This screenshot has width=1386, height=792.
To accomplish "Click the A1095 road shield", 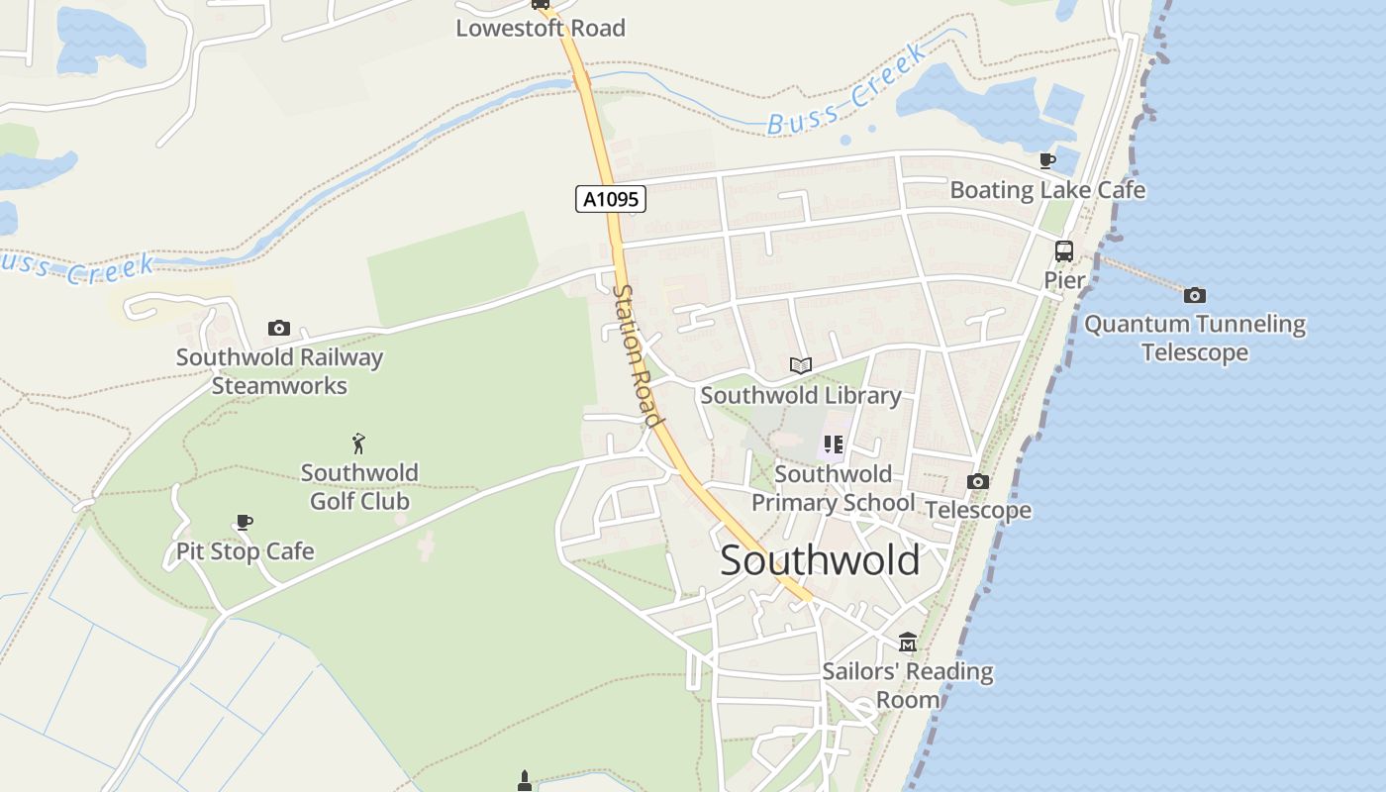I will (x=610, y=199).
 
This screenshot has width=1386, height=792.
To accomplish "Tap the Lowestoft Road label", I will (x=541, y=29).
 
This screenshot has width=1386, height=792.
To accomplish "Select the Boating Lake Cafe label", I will (x=1047, y=190).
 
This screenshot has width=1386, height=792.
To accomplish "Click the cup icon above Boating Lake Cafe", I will (x=1047, y=160).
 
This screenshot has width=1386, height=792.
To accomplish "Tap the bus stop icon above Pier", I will (x=1064, y=251).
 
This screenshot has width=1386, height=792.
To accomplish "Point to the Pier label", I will (x=1064, y=281).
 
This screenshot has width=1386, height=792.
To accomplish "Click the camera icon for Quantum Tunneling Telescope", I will (x=1195, y=295).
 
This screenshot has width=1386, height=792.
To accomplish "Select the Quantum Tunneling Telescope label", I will (x=1195, y=339).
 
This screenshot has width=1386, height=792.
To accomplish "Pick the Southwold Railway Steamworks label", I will (x=279, y=371).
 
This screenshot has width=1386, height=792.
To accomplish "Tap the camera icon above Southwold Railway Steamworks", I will (x=279, y=328).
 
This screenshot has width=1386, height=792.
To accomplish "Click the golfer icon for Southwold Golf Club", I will (x=359, y=443).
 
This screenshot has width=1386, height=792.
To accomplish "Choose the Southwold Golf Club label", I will (x=359, y=487).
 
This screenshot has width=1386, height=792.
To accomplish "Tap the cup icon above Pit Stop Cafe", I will (x=245, y=522).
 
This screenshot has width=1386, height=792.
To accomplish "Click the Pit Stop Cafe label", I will (x=245, y=551).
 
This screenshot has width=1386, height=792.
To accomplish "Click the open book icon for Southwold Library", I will (x=801, y=366).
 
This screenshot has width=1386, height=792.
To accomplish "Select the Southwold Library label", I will (x=801, y=396).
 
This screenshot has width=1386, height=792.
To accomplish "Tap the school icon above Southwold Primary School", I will (x=833, y=445).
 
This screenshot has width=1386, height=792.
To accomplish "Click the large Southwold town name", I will (x=820, y=560).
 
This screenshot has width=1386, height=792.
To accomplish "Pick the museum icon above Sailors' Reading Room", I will (x=908, y=643).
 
